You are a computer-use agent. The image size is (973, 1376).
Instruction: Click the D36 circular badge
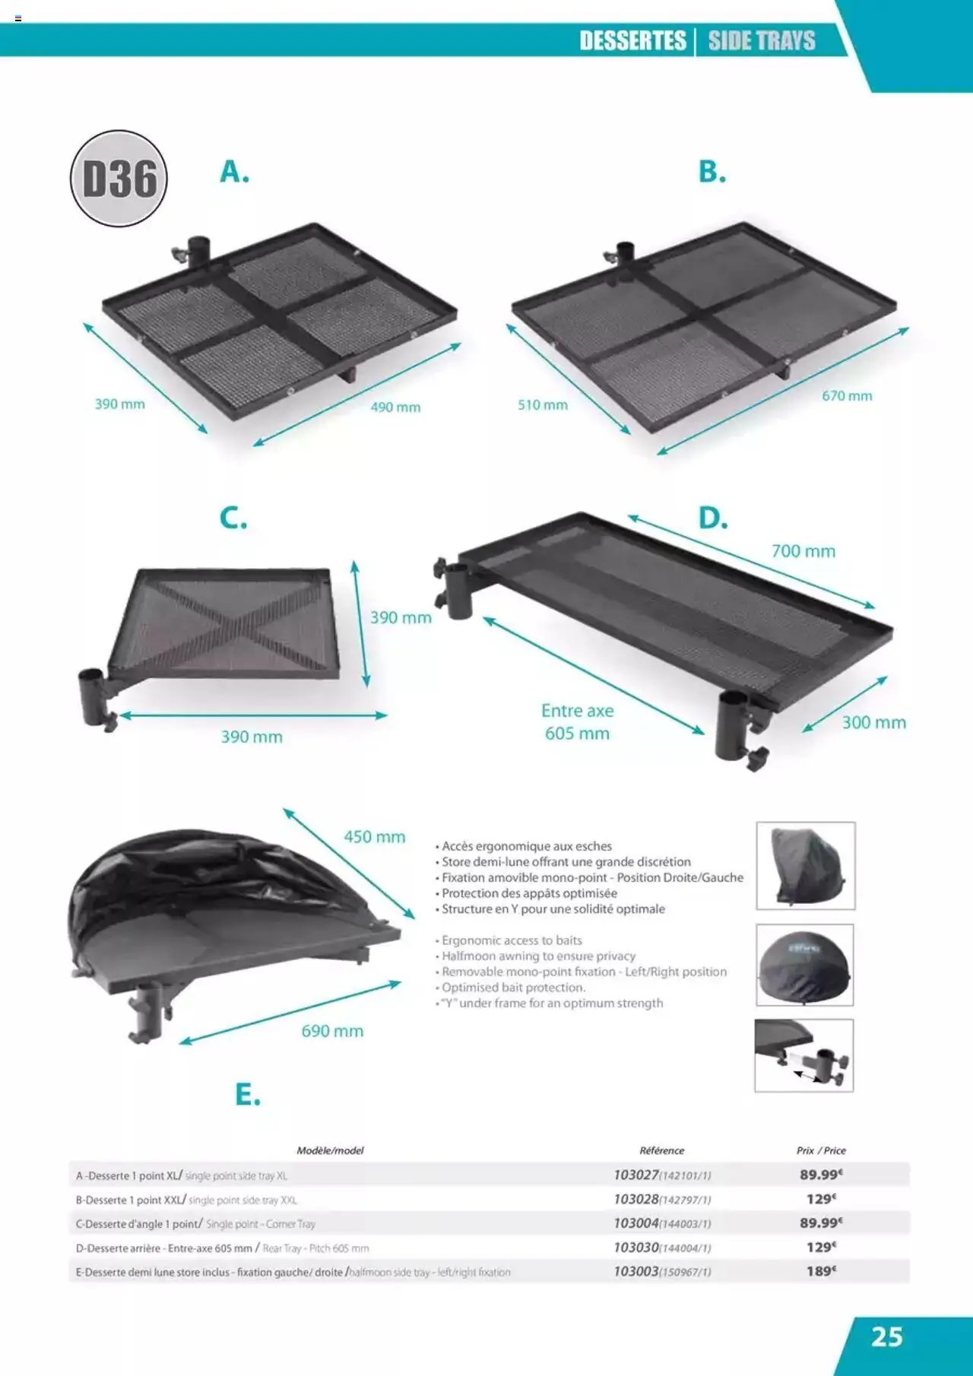[x=119, y=179]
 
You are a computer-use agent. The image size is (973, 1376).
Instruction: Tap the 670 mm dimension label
[x=847, y=395]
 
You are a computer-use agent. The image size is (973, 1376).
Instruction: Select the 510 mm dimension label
[x=543, y=404]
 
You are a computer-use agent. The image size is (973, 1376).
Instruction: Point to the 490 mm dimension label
[x=395, y=407]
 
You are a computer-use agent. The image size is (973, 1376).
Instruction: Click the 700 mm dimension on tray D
[x=803, y=551]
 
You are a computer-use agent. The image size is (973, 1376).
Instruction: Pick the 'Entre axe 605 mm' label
[x=578, y=722]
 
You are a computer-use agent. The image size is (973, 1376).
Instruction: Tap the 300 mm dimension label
[x=873, y=722]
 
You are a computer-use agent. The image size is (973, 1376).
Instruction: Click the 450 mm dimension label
[x=374, y=837]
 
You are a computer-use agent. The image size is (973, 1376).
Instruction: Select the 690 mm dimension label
[x=332, y=1031]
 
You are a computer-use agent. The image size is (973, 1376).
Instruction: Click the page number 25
[x=886, y=1337]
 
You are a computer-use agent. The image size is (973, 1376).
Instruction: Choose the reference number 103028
[x=636, y=1199]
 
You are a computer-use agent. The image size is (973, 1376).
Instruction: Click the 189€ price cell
[x=821, y=1271]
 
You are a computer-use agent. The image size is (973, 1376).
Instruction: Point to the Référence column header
[x=661, y=1150]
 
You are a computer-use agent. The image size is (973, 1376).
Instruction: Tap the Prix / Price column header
[x=821, y=1150]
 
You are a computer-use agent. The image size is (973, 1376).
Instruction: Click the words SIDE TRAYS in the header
[x=762, y=40]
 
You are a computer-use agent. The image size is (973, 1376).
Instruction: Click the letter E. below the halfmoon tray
[x=247, y=1095]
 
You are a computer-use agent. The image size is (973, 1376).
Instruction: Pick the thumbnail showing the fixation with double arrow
[x=803, y=1055]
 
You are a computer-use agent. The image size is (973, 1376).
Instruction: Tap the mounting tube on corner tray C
[x=92, y=693]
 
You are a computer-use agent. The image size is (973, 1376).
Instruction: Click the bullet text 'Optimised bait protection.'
[x=513, y=988]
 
